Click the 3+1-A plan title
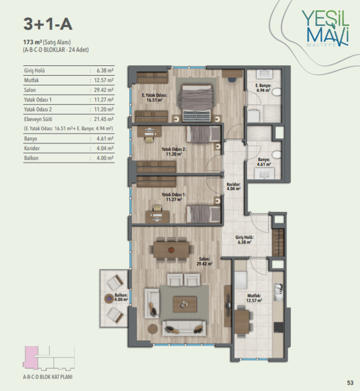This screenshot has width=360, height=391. click(x=48, y=24)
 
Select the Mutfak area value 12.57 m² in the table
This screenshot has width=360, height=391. click(x=104, y=80)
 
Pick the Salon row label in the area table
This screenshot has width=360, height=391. click(x=30, y=90)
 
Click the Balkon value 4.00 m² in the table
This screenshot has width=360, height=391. click(x=105, y=158)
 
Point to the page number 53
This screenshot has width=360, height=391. click(x=350, y=382)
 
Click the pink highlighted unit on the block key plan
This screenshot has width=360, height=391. click(x=31, y=358)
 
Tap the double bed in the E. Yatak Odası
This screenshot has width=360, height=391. click(x=197, y=103)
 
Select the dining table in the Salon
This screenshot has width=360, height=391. click(x=171, y=250)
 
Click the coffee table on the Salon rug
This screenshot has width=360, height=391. click(x=185, y=304)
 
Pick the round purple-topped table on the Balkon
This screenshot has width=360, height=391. click(x=109, y=298)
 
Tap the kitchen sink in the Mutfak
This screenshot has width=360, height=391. click(x=278, y=292)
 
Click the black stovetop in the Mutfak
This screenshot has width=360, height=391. click(x=278, y=327)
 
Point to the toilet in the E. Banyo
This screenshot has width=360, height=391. click(x=277, y=92)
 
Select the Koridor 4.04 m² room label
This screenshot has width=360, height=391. click(x=234, y=186)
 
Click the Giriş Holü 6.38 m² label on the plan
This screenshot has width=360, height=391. click(x=244, y=240)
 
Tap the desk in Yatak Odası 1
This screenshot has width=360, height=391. click(x=157, y=217)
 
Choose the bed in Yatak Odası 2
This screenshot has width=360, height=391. click(x=203, y=134)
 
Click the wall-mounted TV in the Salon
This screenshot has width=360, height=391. click(x=228, y=306)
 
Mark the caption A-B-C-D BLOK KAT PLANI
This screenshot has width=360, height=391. click(x=48, y=377)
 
